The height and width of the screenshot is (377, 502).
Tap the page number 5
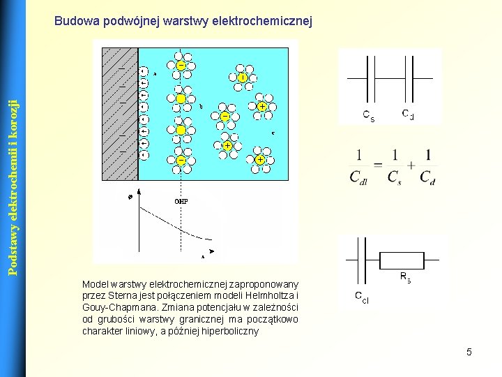tap(469, 352)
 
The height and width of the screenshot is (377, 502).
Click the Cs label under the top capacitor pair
tap(369, 116)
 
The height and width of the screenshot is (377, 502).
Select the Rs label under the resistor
tap(405, 278)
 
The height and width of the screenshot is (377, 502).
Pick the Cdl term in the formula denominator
tap(360, 177)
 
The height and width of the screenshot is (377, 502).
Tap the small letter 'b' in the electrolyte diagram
tap(201, 107)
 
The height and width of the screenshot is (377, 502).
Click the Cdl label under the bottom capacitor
tap(361, 299)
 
